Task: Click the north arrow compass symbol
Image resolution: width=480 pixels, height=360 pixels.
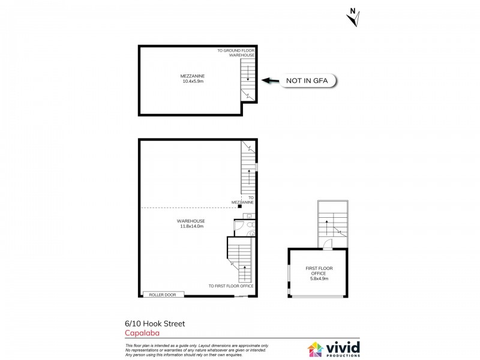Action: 353,17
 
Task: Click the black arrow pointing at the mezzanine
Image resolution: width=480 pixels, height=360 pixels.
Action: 271,80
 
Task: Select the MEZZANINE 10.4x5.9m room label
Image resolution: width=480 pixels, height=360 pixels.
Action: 193,79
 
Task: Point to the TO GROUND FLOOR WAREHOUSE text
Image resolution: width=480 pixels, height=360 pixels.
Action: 236,53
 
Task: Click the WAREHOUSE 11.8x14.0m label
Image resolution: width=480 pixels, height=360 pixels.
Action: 192,223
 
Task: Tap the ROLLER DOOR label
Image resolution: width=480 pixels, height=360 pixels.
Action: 163,294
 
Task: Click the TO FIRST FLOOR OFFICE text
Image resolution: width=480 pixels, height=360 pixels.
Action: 230,286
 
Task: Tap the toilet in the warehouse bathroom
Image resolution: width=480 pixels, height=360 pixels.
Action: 251,232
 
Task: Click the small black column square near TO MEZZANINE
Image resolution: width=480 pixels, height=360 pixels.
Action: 239,208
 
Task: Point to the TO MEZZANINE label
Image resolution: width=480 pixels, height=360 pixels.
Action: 244,200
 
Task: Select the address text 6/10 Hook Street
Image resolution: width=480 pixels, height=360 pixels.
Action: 155,323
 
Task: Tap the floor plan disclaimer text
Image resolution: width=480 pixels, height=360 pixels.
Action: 197,350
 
